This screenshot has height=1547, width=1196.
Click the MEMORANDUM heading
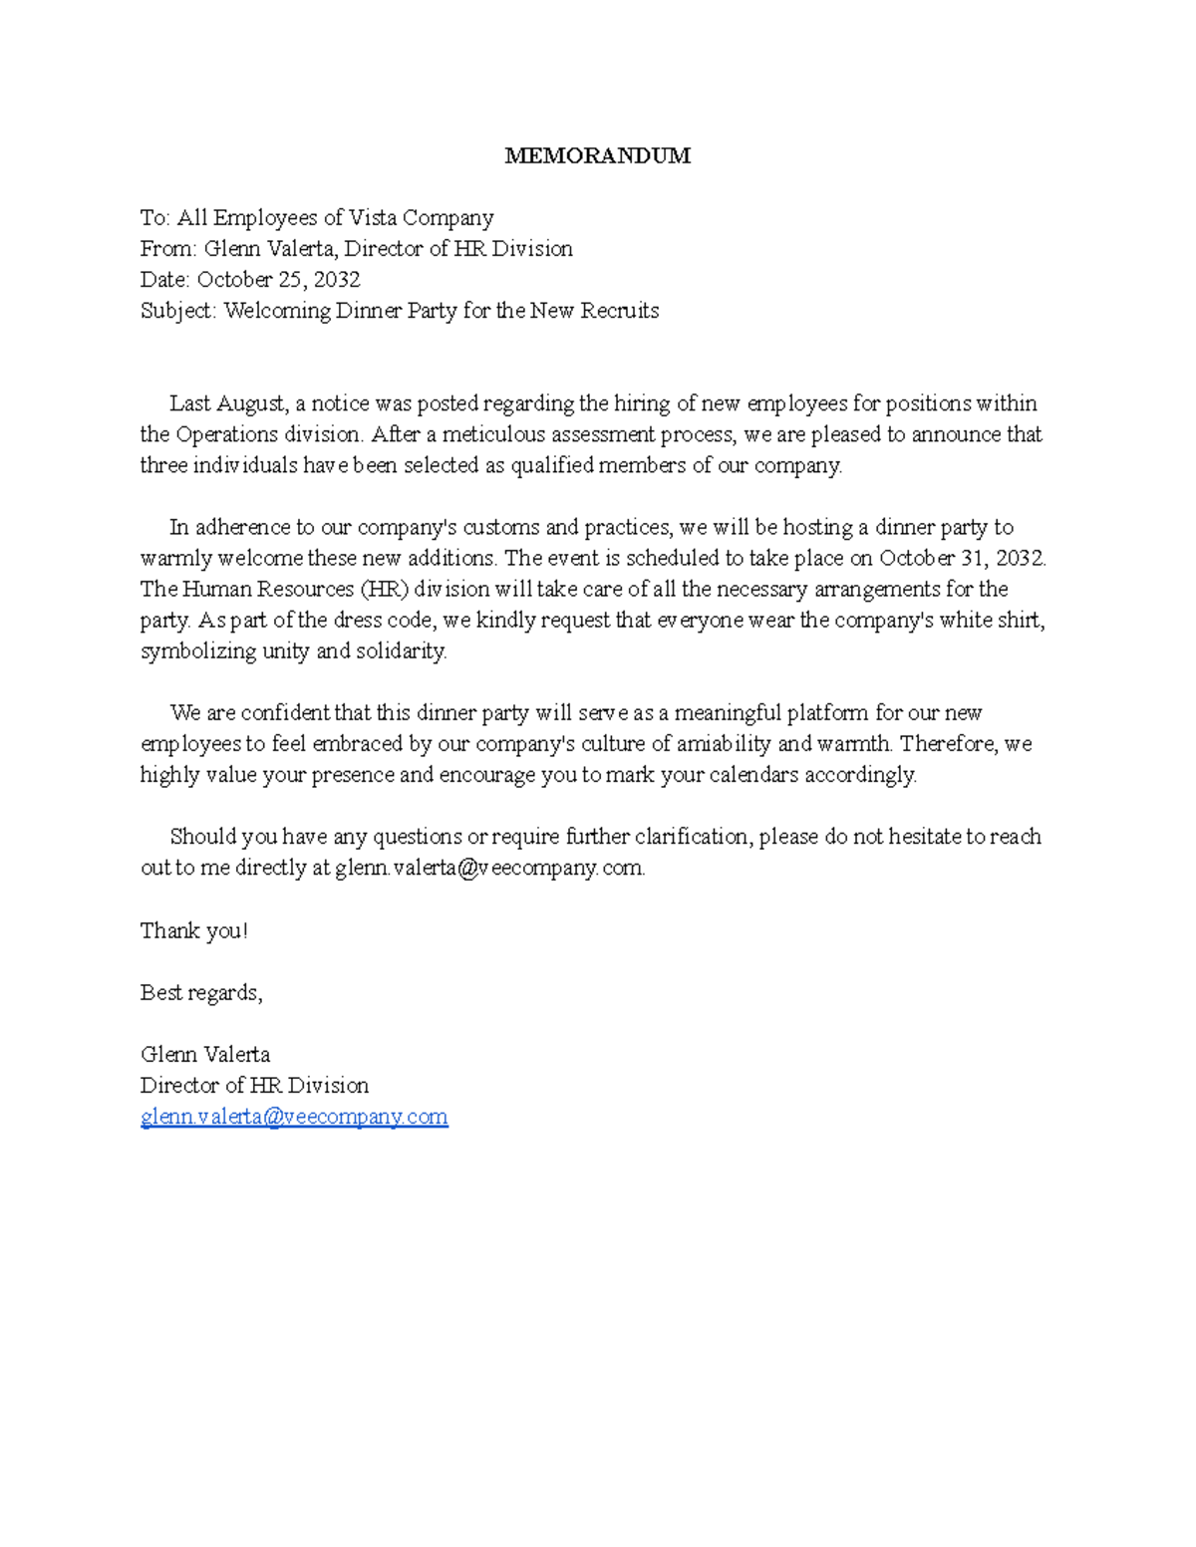pyautogui.click(x=597, y=155)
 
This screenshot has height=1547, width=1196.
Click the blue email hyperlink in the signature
pyautogui.click(x=294, y=1117)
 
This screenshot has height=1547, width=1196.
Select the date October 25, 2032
pyautogui.click(x=278, y=280)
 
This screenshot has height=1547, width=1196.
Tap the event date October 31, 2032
pyautogui.click(x=962, y=558)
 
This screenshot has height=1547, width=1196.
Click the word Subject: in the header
pyautogui.click(x=178, y=311)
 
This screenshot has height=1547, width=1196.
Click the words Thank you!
pyautogui.click(x=193, y=931)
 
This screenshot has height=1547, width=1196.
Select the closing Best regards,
pyautogui.click(x=201, y=993)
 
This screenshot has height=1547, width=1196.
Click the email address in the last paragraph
pyautogui.click(x=489, y=868)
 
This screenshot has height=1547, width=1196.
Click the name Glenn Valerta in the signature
pyautogui.click(x=205, y=1055)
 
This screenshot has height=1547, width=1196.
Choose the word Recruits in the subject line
pyautogui.click(x=620, y=311)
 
